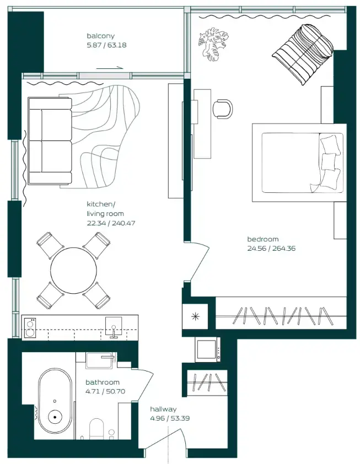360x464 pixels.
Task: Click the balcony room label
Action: click(x=100, y=36)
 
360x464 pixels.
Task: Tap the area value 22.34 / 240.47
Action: click(x=111, y=223)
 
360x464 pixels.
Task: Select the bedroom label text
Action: click(x=262, y=239)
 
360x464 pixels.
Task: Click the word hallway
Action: click(x=163, y=409)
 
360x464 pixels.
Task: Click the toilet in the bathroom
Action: click(x=97, y=428)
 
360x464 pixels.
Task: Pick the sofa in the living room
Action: click(x=50, y=141)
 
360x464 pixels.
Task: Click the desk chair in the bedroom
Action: click(x=223, y=108)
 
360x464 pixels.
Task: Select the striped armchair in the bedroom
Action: click(x=303, y=54)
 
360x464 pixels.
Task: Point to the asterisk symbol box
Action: click(x=195, y=317)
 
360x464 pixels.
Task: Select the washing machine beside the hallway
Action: click(x=208, y=349)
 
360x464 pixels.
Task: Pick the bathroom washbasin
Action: click(x=100, y=359)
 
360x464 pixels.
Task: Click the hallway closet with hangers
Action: click(x=208, y=382)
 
